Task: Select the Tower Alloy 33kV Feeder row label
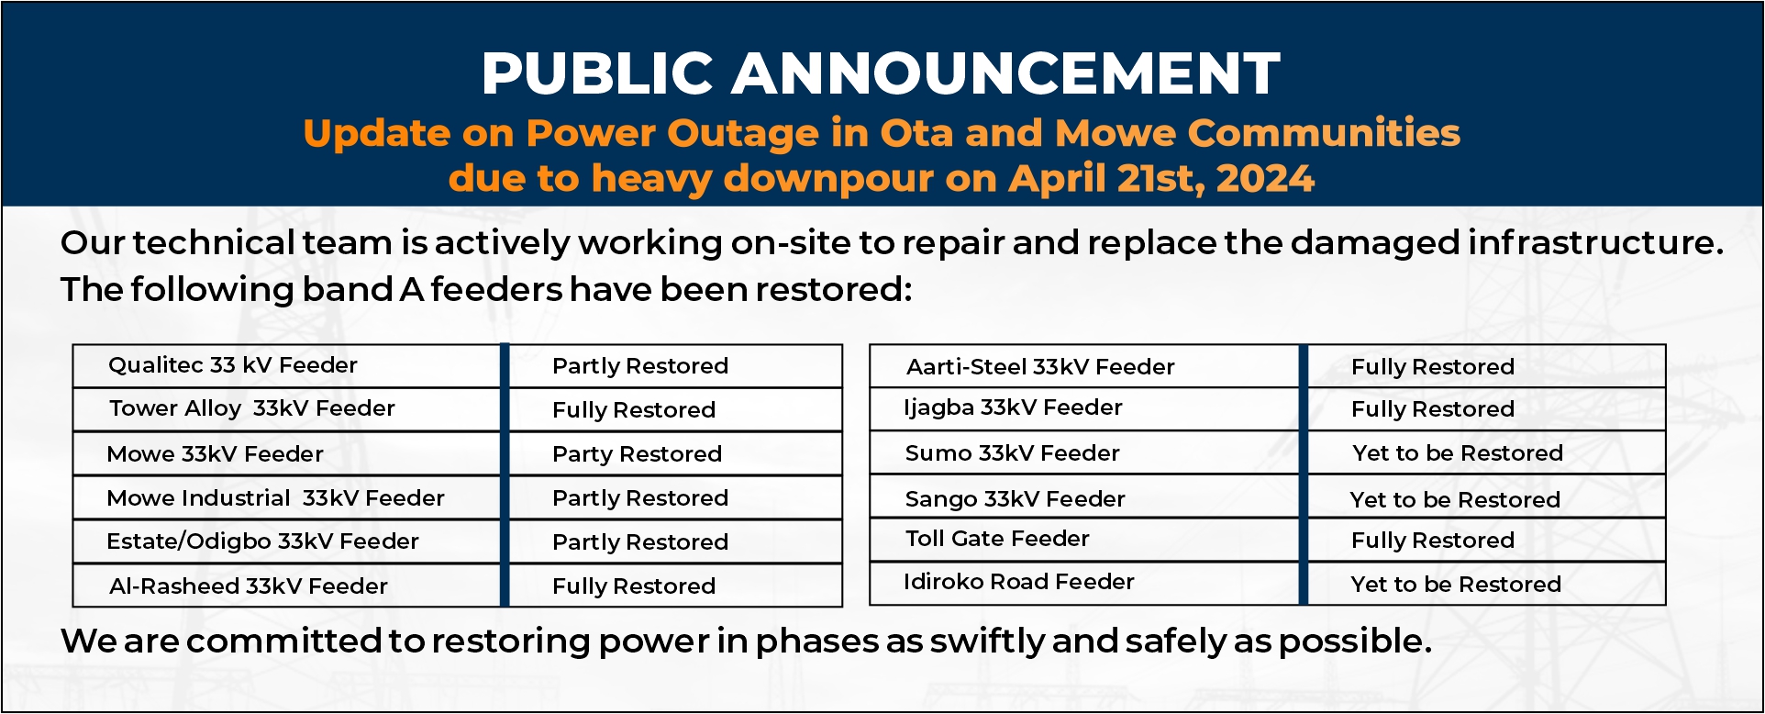[x=251, y=408]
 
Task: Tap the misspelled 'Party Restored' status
[x=637, y=454]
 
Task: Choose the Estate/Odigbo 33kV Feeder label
[x=262, y=542]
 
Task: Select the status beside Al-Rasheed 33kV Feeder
[x=634, y=586]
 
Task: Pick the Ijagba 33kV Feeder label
[x=1013, y=408]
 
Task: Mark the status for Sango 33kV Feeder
[x=1455, y=500]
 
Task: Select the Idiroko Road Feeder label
[x=1018, y=582]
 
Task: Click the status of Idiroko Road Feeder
[x=1456, y=585]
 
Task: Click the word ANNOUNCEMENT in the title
[x=1005, y=73]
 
